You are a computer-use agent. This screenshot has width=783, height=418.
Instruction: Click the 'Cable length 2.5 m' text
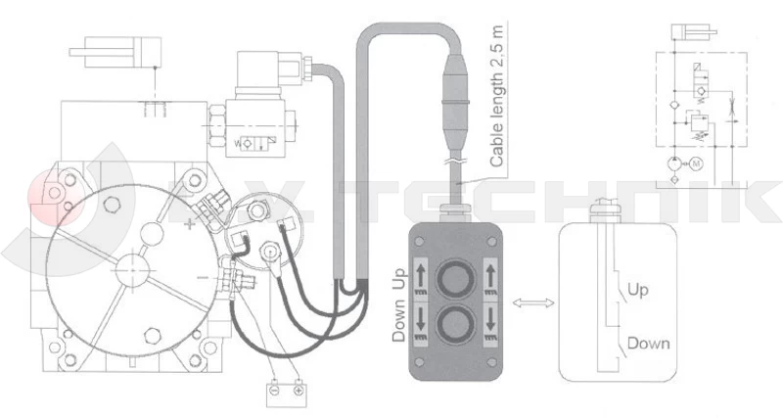tap(497, 97)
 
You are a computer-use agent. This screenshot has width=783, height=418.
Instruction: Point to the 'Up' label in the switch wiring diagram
tap(637, 291)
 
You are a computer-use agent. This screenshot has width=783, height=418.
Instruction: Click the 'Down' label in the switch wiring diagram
tap(647, 344)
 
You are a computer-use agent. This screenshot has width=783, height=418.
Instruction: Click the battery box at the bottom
tap(285, 394)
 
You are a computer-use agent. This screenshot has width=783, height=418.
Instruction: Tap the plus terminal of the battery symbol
tap(298, 390)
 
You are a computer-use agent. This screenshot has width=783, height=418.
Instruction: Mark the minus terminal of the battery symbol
tap(274, 390)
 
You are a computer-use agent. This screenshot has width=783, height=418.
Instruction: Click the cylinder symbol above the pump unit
tap(121, 52)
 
